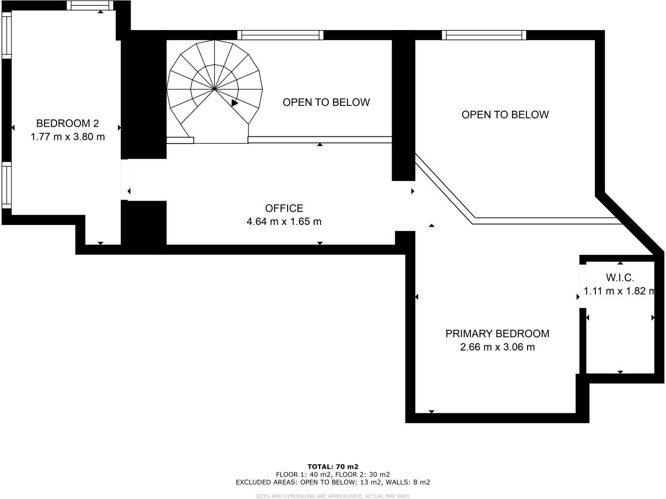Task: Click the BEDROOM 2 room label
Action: point(67,123)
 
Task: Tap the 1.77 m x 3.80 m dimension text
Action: point(67,137)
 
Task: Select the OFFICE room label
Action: point(284,208)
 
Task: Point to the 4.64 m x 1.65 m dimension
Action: point(284,222)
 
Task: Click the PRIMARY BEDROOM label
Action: point(497,334)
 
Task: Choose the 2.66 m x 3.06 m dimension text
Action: point(497,347)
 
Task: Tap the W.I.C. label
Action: point(620,278)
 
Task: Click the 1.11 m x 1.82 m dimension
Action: point(620,291)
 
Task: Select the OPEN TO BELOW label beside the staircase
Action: point(326,103)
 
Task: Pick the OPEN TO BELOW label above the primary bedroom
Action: point(505,115)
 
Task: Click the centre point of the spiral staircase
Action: point(214,89)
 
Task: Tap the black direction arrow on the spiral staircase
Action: point(235,103)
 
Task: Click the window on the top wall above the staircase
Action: point(280,35)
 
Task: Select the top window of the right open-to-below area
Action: point(484,35)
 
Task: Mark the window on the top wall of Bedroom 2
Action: point(90,5)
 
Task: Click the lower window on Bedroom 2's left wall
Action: point(6,186)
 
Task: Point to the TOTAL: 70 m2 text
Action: point(333,467)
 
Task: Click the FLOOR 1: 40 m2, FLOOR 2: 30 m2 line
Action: point(333,474)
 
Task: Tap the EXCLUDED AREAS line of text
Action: point(333,482)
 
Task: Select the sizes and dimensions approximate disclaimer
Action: point(333,496)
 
